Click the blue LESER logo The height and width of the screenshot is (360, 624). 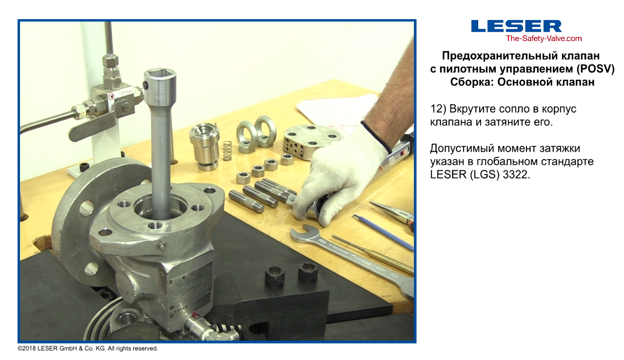(x=516, y=26)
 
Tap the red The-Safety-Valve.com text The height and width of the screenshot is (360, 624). (x=544, y=39)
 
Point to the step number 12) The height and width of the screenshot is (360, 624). (x=438, y=109)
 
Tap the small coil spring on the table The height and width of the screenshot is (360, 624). (x=227, y=151)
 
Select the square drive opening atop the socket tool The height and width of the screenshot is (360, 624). (x=159, y=73)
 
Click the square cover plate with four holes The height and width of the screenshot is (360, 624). (x=309, y=141)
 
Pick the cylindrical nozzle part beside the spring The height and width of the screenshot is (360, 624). (x=204, y=146)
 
